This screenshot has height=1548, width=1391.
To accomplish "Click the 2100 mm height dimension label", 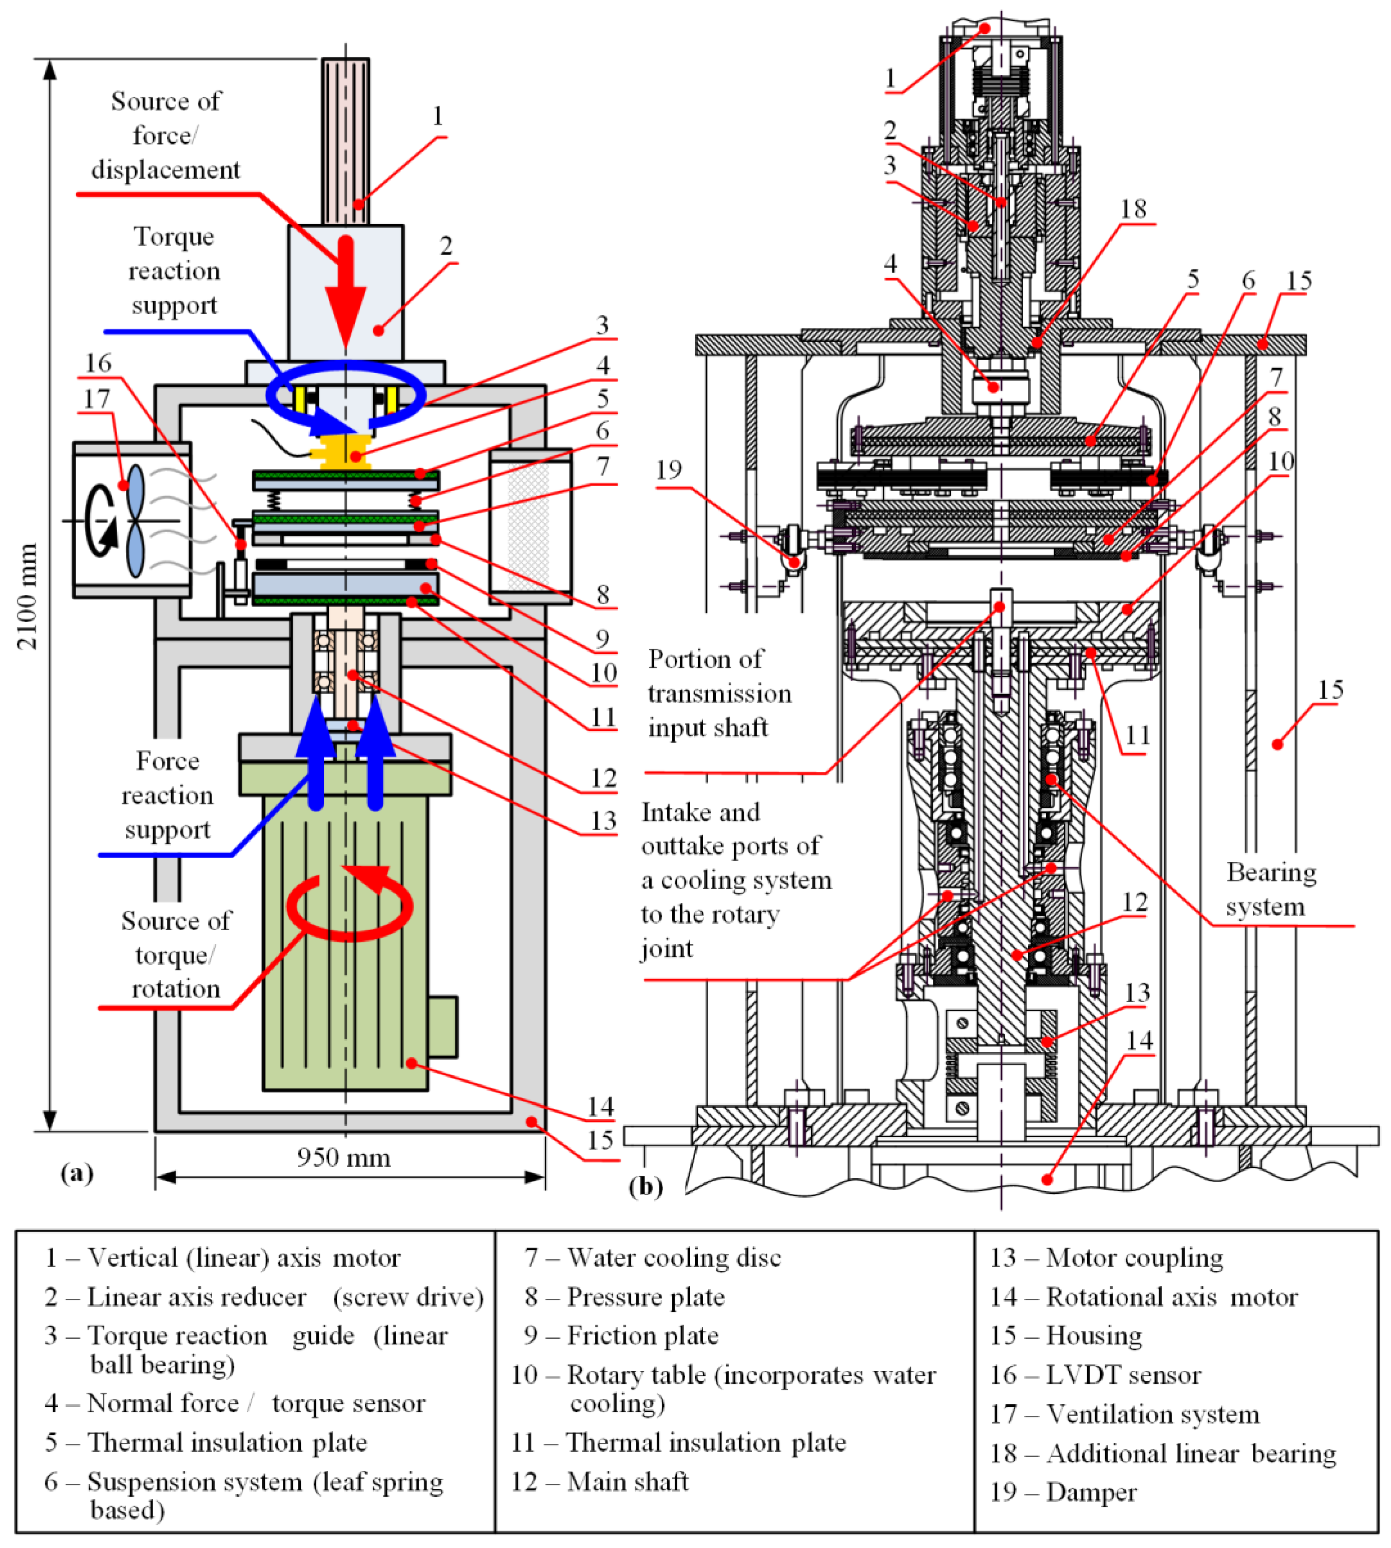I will [x=27, y=596].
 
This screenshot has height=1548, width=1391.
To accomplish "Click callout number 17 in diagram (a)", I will [x=97, y=399].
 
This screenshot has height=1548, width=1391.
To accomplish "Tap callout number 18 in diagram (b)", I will [x=1133, y=209].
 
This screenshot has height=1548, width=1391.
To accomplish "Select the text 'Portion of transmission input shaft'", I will [x=718, y=693].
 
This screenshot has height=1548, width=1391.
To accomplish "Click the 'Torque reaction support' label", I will [x=174, y=270].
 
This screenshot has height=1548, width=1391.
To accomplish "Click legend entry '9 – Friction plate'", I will [x=620, y=1336].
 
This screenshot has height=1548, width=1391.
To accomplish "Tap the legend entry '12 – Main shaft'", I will [x=600, y=1482].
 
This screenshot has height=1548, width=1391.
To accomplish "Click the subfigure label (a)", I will [x=77, y=1173].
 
